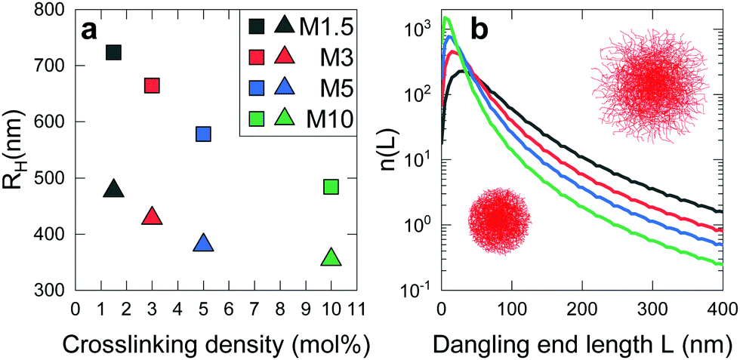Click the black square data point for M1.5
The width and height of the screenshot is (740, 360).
(x=114, y=52)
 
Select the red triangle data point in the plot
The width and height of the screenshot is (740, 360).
(x=152, y=216)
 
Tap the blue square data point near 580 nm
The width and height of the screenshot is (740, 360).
(x=203, y=134)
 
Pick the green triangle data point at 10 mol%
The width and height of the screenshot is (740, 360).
(x=331, y=257)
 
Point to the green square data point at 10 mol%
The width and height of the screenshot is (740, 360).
(x=331, y=186)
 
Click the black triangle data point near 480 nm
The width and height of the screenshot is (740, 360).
(x=114, y=188)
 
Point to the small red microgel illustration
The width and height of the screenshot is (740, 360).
(x=499, y=221)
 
